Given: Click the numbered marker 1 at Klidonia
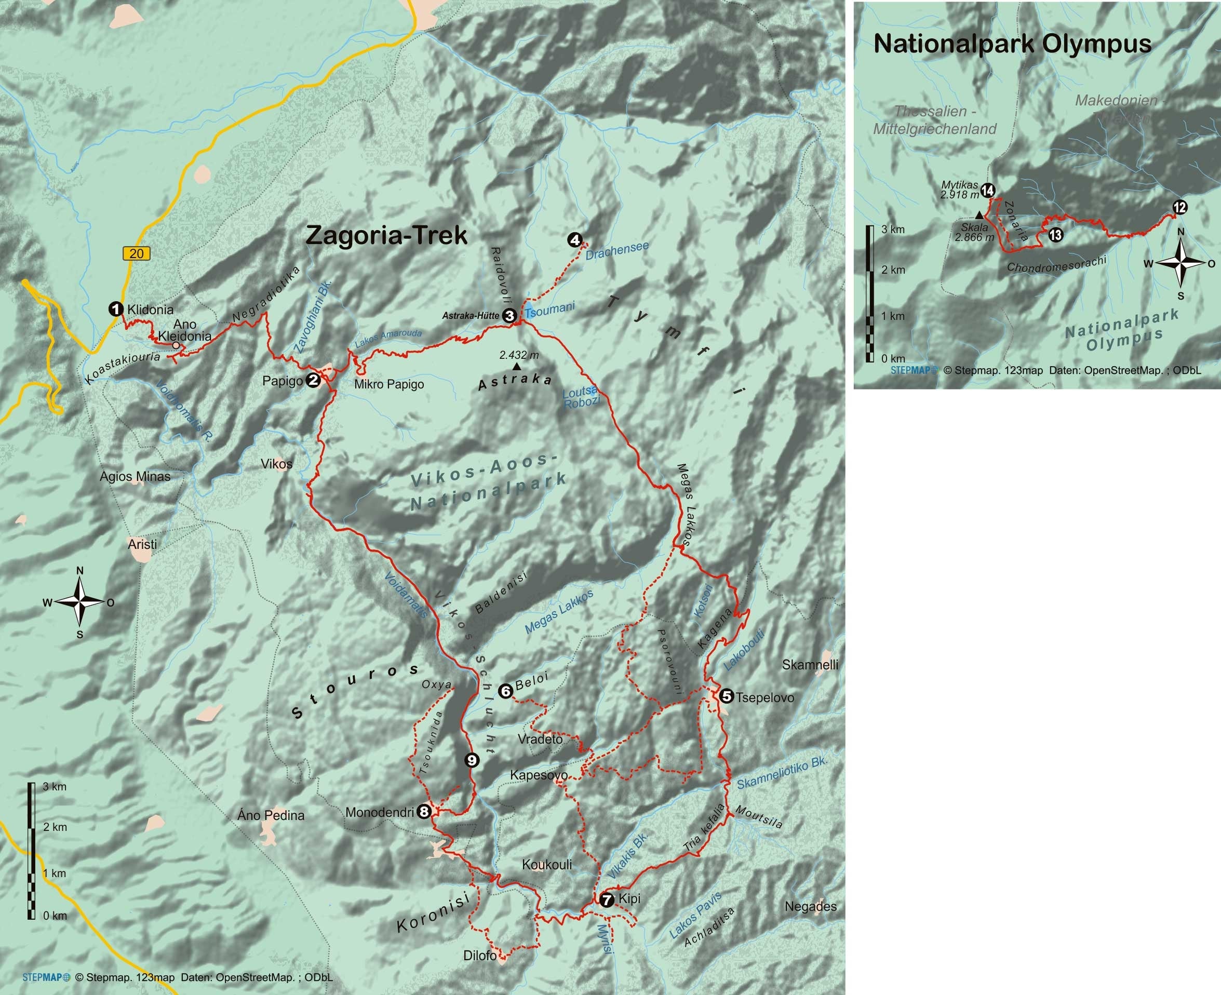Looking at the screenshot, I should pos(116,310).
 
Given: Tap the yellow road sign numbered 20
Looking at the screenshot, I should pos(136,253).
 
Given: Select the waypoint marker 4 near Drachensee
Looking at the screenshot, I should pos(575,240).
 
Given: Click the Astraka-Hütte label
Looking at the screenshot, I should pos(470,315).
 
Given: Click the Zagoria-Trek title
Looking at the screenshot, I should pos(386,236).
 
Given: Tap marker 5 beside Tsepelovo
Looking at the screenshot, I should pos(726,696).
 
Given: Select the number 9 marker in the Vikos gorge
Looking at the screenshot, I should pos(471,760).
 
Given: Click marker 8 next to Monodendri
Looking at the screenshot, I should pos(424,812).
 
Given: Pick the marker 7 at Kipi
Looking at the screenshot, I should pos(607,900).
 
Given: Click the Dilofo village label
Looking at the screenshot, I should pos(480,956).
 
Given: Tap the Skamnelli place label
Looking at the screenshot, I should pos(810,665).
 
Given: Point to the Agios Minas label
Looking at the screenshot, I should pos(135,476).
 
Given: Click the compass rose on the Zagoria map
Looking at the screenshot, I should pos(79,602).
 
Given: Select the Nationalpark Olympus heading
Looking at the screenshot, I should pos(1012,44).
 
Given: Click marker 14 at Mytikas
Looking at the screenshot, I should pos(988,190).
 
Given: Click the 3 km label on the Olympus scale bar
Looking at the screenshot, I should pos(893,229).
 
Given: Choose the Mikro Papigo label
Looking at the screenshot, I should pos(388,384).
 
